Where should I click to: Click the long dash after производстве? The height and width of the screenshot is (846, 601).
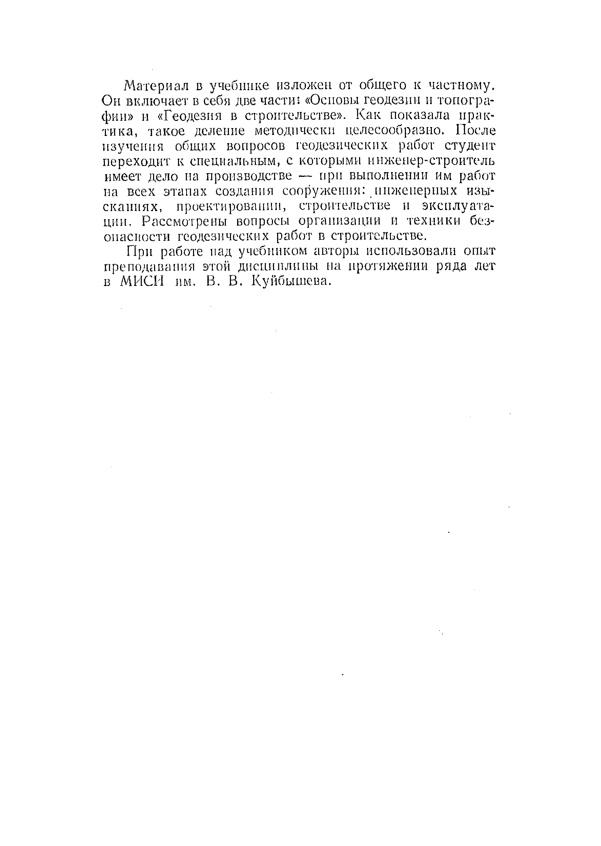[306, 177]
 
